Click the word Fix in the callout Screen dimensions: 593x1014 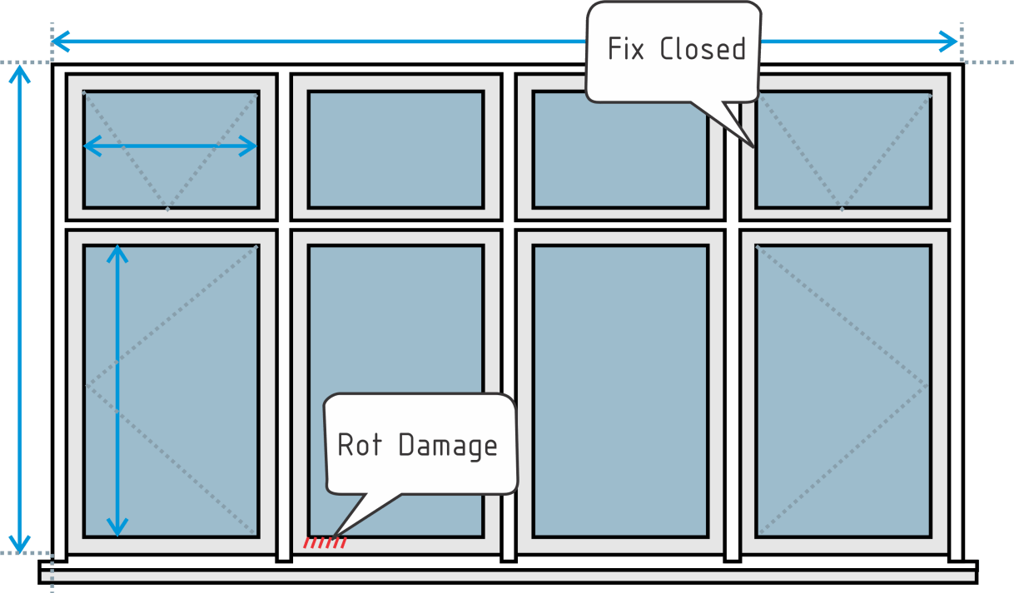[626, 49]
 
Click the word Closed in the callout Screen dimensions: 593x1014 [702, 49]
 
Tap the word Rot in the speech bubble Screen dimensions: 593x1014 [359, 445]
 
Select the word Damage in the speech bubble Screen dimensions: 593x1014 [447, 446]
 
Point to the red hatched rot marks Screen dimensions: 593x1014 [325, 543]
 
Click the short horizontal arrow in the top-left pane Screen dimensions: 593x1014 [171, 146]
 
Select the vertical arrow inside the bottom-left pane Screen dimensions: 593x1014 [117, 391]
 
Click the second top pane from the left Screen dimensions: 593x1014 [395, 149]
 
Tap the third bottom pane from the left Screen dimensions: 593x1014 [620, 391]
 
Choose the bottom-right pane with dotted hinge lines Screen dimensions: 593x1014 [843, 391]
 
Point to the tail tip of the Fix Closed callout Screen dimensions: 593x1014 [753, 146]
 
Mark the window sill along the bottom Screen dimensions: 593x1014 [508, 571]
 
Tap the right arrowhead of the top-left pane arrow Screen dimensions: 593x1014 [251, 146]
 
